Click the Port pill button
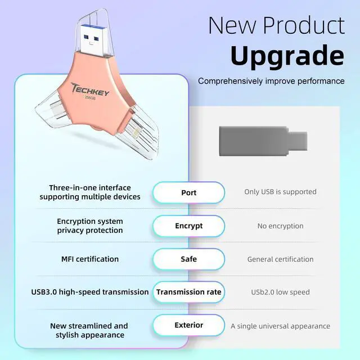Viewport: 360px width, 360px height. tap(188, 192)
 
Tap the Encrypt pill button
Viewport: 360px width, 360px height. tap(188, 226)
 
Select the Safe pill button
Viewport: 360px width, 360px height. tap(188, 259)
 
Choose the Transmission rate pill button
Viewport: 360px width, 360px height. tap(188, 292)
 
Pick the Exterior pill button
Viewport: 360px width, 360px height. tap(188, 325)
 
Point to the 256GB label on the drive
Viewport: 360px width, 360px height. tap(89, 97)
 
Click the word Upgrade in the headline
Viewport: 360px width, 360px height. tap(287, 56)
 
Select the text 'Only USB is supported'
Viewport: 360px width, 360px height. tap(280, 192)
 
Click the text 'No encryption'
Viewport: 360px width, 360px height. tap(280, 226)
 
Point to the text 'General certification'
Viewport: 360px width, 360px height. tap(280, 259)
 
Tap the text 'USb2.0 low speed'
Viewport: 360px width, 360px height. tap(280, 292)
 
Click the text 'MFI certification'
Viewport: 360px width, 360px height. tap(90, 259)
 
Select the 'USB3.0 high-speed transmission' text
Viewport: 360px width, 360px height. tap(90, 292)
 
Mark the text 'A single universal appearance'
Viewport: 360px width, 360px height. tap(280, 326)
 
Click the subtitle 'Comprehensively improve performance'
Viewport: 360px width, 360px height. tap(271, 81)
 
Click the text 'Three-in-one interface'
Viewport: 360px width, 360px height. tap(90, 187)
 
